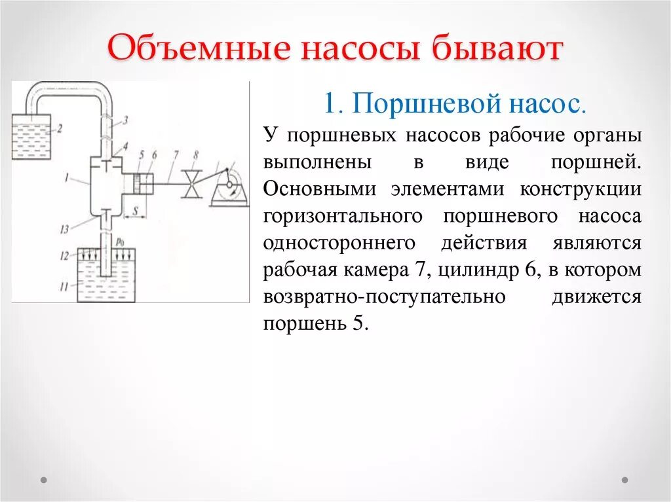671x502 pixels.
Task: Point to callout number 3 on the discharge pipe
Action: point(125,119)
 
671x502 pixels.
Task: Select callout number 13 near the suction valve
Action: point(63,228)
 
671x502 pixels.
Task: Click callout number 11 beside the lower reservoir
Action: point(64,286)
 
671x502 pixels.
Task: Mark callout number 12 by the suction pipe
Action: point(64,256)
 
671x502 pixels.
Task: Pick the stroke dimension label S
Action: point(134,211)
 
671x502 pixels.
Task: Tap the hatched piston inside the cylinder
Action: point(137,184)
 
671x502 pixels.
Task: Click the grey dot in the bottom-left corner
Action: point(45,480)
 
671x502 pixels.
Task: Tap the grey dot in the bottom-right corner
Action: point(624,480)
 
